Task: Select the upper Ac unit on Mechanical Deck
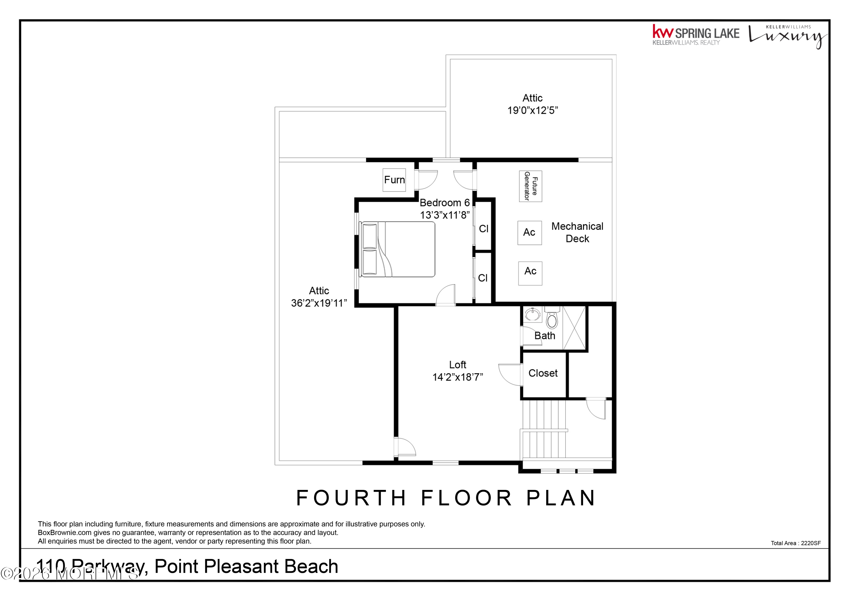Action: click(529, 233)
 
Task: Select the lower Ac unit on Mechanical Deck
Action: click(530, 273)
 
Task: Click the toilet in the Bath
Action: click(552, 319)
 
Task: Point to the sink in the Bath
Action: click(532, 315)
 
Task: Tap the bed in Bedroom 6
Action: click(398, 249)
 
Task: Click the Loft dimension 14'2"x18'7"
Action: click(458, 377)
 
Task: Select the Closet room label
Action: click(543, 373)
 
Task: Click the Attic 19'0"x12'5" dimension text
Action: click(532, 110)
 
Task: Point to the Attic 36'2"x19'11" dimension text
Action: click(319, 303)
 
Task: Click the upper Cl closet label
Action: click(483, 229)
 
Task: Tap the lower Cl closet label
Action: click(483, 278)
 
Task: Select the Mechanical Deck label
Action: click(577, 232)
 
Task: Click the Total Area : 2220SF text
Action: click(796, 543)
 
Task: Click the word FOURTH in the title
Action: click(351, 498)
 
